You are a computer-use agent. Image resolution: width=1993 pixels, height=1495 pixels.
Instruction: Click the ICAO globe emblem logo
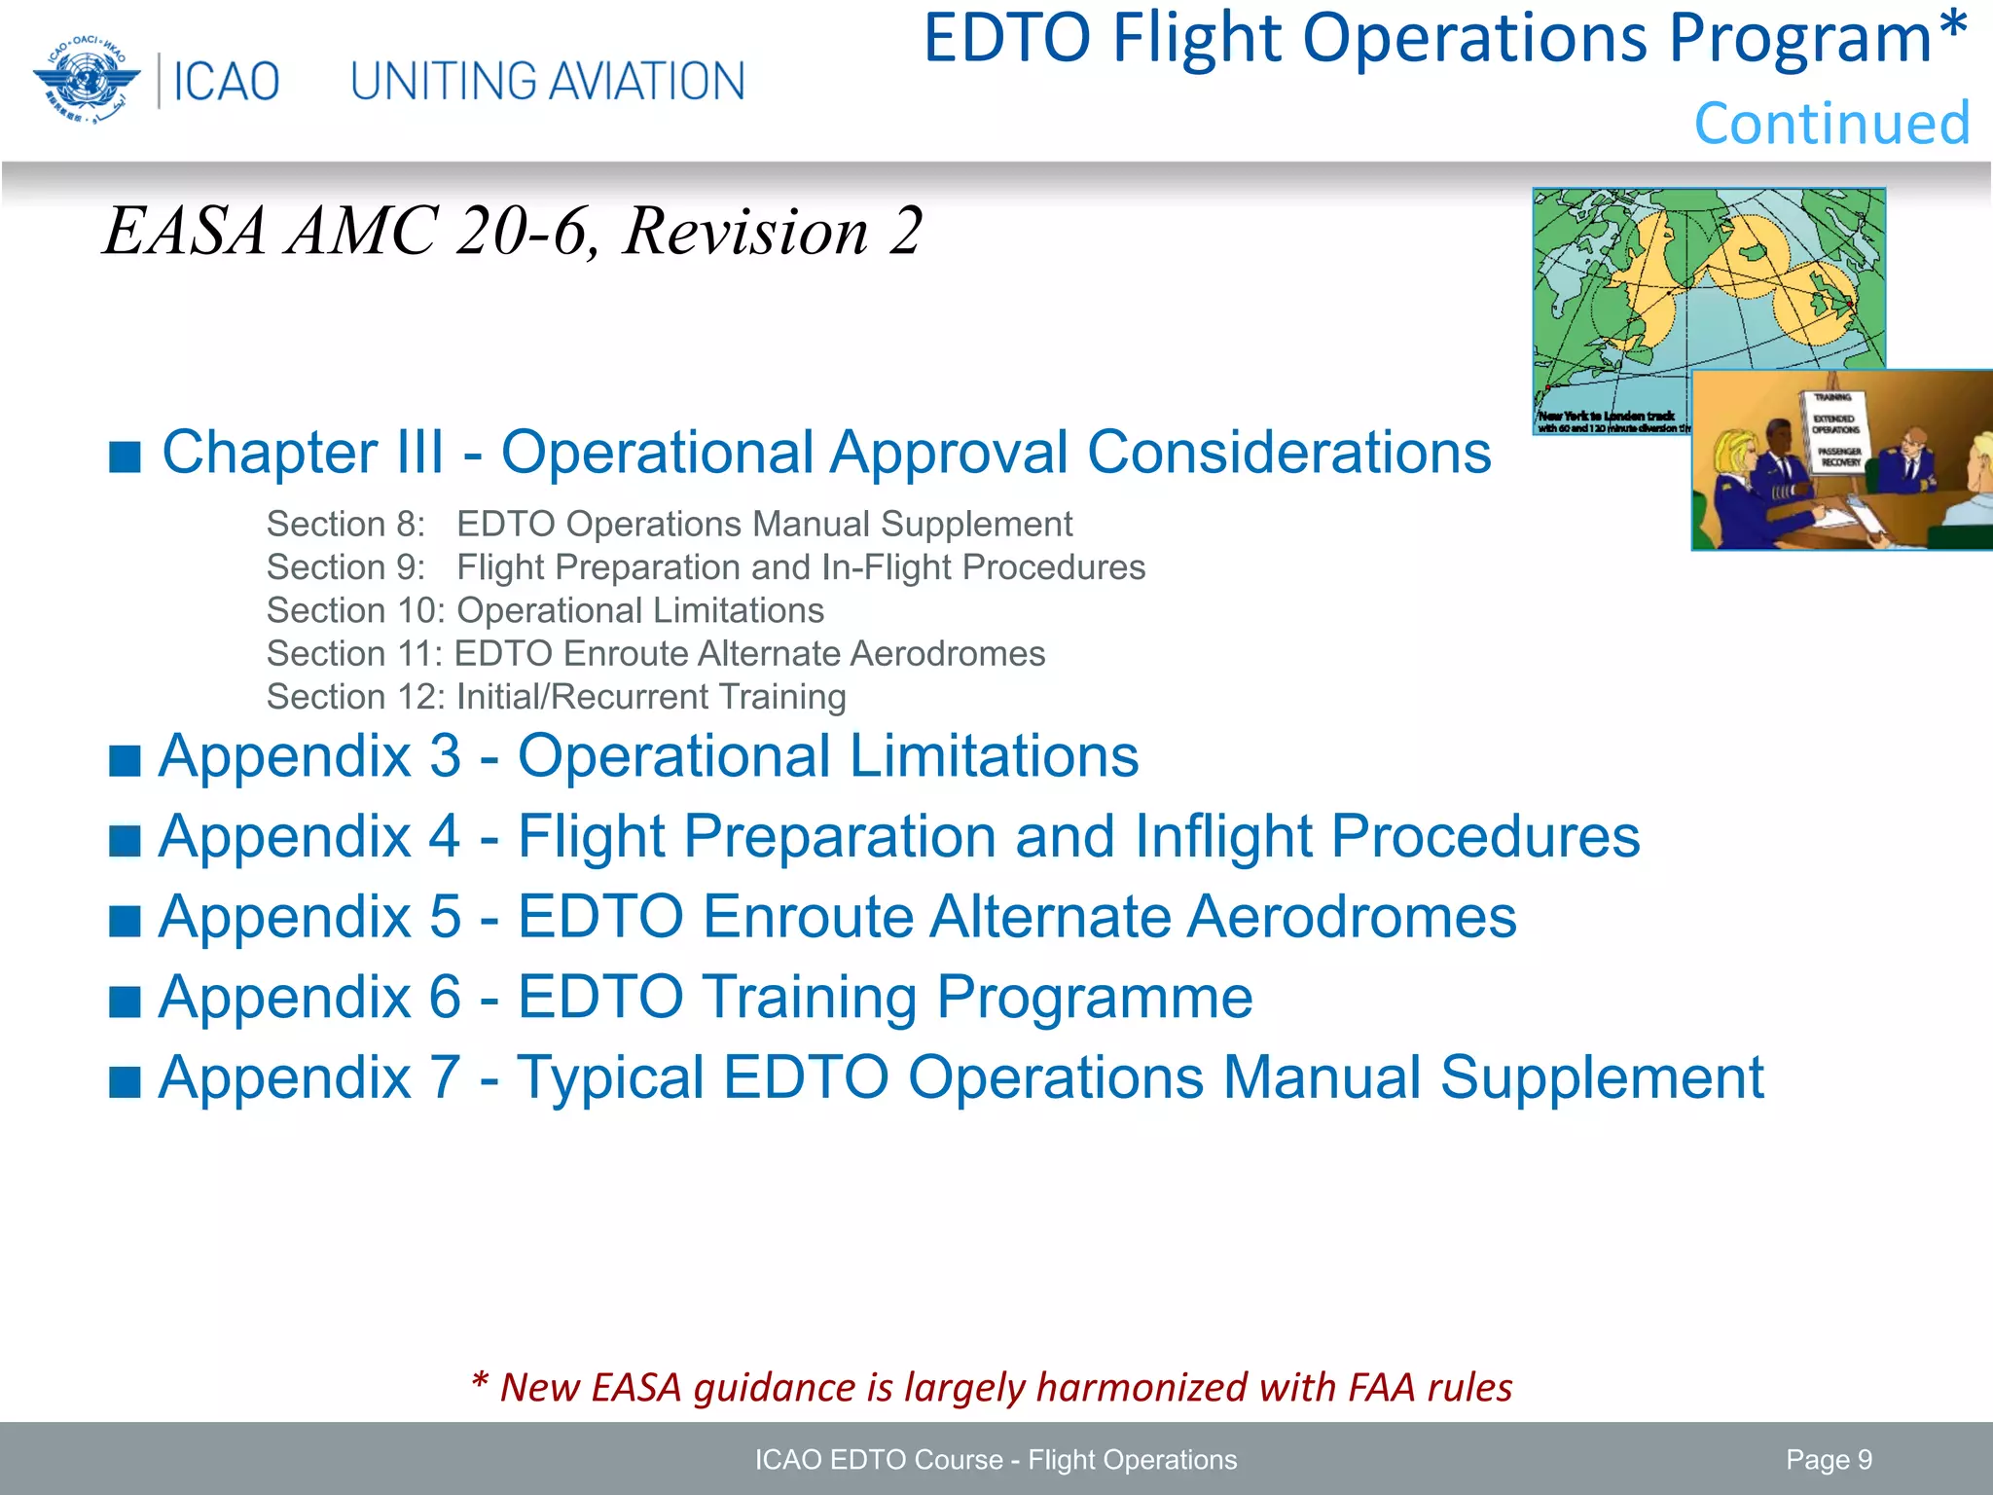[x=86, y=80]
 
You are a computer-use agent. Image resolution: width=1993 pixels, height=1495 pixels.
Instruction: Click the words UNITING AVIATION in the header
[x=547, y=82]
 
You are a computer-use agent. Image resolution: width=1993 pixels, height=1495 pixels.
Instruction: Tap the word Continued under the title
[x=1831, y=124]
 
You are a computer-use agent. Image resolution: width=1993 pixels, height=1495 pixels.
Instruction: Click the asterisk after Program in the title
[x=1951, y=31]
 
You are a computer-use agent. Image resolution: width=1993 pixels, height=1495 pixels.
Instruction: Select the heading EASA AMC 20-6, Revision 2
[x=512, y=232]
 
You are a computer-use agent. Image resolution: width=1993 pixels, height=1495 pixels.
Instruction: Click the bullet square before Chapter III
[x=125, y=455]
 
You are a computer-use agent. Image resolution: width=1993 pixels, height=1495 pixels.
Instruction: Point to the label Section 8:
[x=345, y=525]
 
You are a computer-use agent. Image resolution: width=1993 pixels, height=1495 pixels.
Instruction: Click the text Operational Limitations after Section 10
[x=640, y=610]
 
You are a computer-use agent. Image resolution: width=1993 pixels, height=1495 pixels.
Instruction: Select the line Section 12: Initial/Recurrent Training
[x=556, y=697]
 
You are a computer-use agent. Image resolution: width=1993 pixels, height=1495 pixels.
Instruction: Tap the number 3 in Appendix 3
[x=445, y=756]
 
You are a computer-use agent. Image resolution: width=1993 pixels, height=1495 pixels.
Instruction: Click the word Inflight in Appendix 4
[x=1223, y=836]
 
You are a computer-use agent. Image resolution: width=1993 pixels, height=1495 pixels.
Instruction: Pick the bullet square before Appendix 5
[x=125, y=919]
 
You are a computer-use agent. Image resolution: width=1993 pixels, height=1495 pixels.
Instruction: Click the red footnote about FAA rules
[x=991, y=1387]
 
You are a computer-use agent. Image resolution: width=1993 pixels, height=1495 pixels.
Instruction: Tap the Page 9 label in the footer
[x=1829, y=1459]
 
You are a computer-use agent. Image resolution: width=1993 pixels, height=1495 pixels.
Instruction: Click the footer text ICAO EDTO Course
[x=878, y=1460]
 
